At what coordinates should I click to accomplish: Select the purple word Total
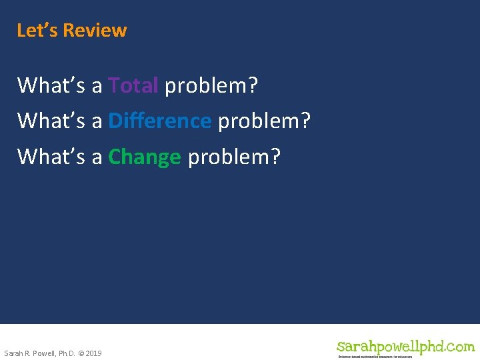click(133, 85)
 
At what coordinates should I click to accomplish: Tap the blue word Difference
click(159, 121)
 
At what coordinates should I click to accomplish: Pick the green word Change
click(144, 157)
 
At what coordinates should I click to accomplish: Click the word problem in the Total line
click(207, 86)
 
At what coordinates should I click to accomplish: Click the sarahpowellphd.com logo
click(405, 346)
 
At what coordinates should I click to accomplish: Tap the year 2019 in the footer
click(93, 353)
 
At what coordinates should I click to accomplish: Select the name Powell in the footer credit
click(44, 353)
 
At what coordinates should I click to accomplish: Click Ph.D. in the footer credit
click(67, 353)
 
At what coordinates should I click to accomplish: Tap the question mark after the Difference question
click(306, 121)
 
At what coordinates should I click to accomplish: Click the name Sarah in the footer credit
click(13, 353)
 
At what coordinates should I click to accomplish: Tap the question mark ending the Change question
click(276, 157)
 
